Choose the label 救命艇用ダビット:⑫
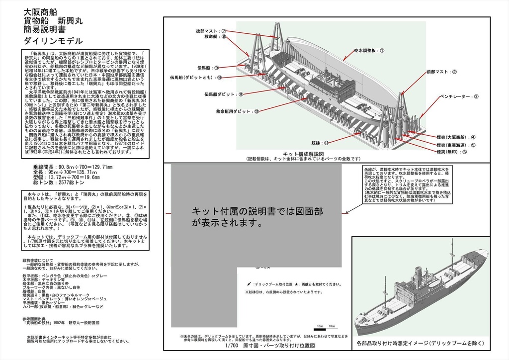click(235, 112)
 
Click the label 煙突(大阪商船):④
click(456, 137)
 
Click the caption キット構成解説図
click(303, 154)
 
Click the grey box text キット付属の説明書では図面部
click(258, 211)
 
